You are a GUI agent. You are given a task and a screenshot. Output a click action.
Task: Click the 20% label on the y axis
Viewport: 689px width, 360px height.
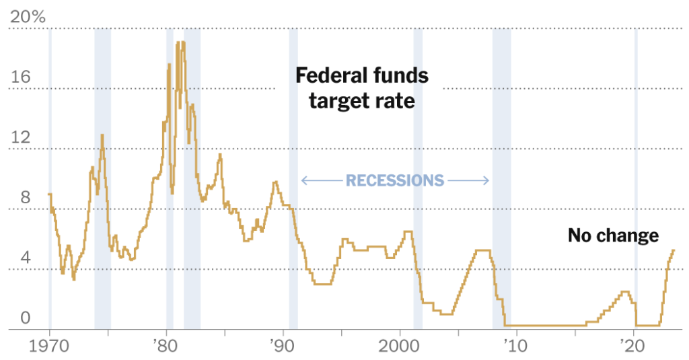point(28,17)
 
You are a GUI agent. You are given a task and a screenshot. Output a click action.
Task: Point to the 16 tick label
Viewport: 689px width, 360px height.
point(20,77)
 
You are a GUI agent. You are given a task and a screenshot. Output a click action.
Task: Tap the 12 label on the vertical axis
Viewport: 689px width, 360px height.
point(20,137)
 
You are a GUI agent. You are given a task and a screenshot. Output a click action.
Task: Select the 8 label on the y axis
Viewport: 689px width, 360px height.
point(25,198)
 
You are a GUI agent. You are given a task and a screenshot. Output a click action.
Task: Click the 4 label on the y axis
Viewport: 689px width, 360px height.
point(25,258)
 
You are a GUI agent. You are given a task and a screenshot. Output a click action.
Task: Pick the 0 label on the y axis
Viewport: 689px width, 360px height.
point(25,318)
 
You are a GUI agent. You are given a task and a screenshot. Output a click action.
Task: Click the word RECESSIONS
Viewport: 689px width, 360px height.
point(395,180)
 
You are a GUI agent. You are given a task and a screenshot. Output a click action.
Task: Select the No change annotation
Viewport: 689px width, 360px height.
point(613,236)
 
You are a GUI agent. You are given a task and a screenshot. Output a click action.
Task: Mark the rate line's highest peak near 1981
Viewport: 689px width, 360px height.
point(178,42)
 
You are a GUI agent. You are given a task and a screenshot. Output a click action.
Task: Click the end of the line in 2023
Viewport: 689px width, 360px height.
point(674,250)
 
